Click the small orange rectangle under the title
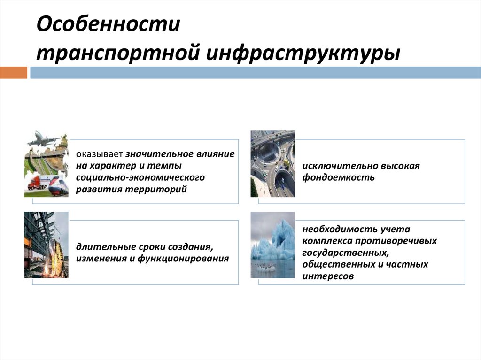[x=14, y=73]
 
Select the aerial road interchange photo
[x=272, y=163]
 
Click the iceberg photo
[x=272, y=245]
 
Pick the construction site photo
[x=46, y=245]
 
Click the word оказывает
[x=100, y=154]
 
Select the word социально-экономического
[x=141, y=178]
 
